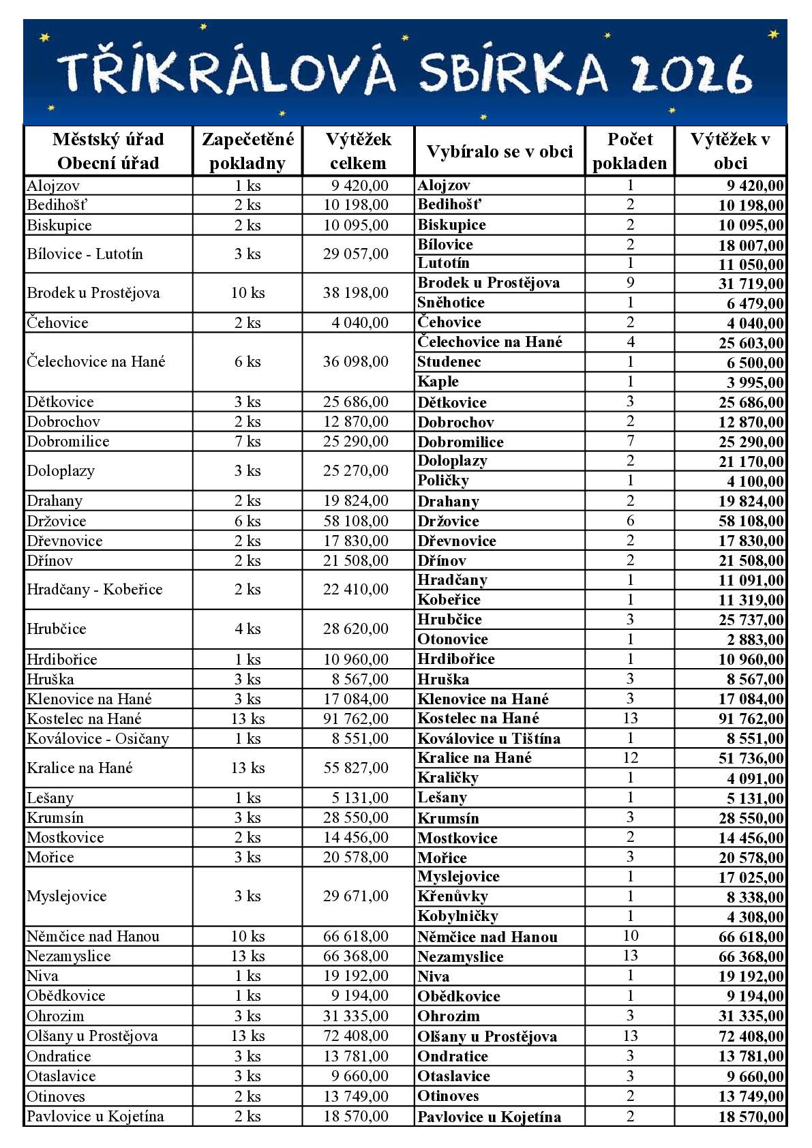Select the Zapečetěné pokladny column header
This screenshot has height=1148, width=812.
[x=247, y=151]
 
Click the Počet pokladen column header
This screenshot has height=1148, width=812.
[x=629, y=151]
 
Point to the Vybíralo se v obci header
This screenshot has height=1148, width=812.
[x=499, y=151]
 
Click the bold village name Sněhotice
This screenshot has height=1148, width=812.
[x=451, y=303]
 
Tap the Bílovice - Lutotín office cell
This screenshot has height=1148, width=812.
[x=85, y=254]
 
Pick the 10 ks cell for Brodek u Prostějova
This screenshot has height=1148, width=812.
[x=247, y=293]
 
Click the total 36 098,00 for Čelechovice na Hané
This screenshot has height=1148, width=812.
[x=356, y=362]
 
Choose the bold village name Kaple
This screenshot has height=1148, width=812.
[x=438, y=382]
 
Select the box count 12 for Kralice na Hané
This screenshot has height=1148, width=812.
[x=630, y=758]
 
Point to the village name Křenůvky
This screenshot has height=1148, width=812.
[x=453, y=896]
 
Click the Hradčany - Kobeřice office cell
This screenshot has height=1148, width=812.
[x=95, y=590]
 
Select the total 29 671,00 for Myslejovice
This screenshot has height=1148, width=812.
[x=356, y=896]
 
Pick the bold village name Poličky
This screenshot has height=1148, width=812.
[x=443, y=481]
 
